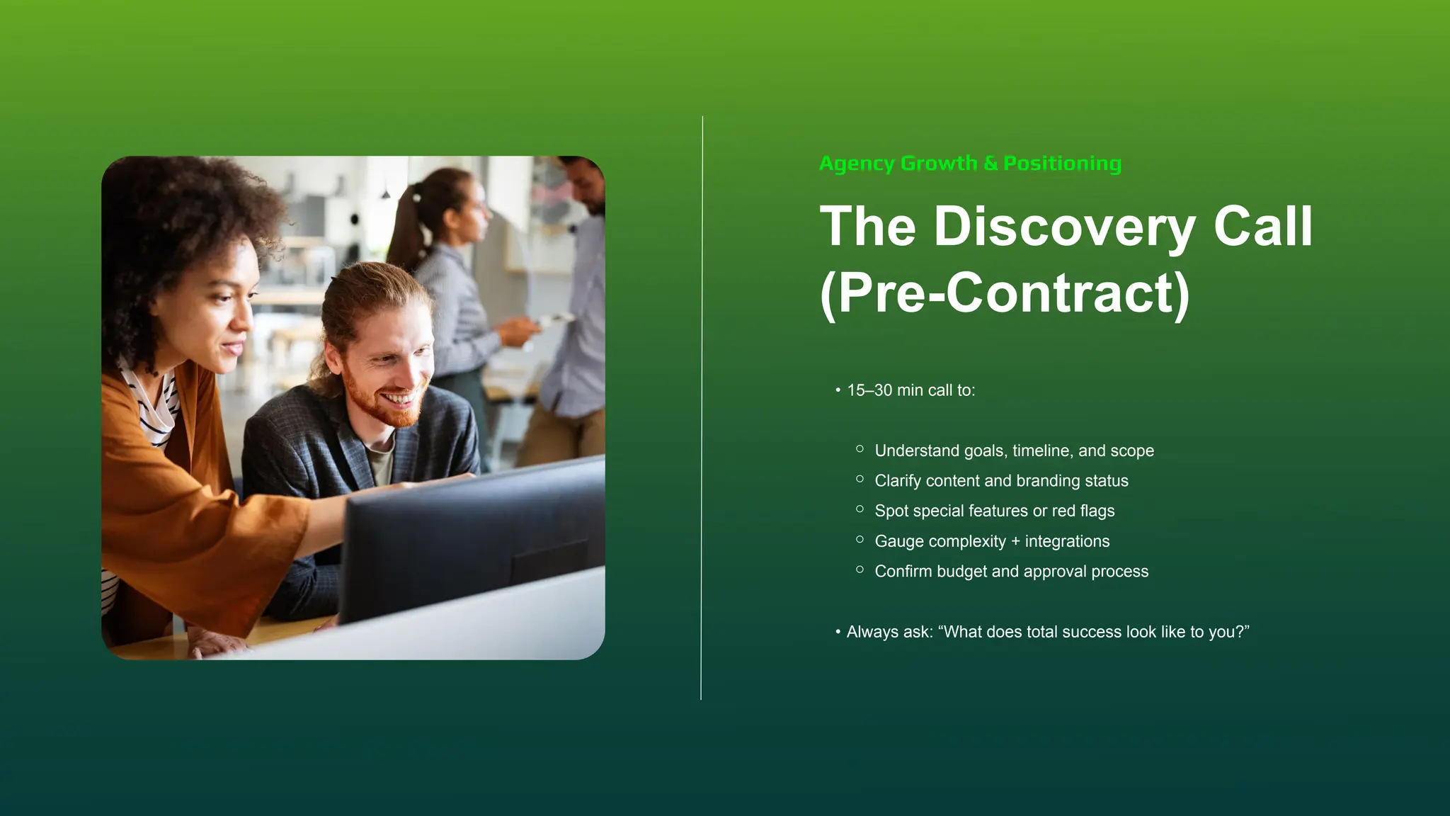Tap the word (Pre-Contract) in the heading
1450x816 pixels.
[x=1005, y=293]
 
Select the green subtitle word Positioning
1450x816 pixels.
[x=1062, y=164]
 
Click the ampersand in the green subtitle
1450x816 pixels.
[x=991, y=164]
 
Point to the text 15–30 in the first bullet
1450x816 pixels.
[x=869, y=390]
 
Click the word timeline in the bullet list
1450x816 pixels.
[x=1042, y=450]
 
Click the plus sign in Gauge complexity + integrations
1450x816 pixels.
[x=1015, y=541]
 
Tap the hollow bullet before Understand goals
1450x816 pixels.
[x=860, y=449]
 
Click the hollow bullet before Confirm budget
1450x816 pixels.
[x=860, y=569]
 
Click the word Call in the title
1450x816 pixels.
[x=1263, y=227]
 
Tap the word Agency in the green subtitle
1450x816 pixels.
[x=857, y=164]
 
